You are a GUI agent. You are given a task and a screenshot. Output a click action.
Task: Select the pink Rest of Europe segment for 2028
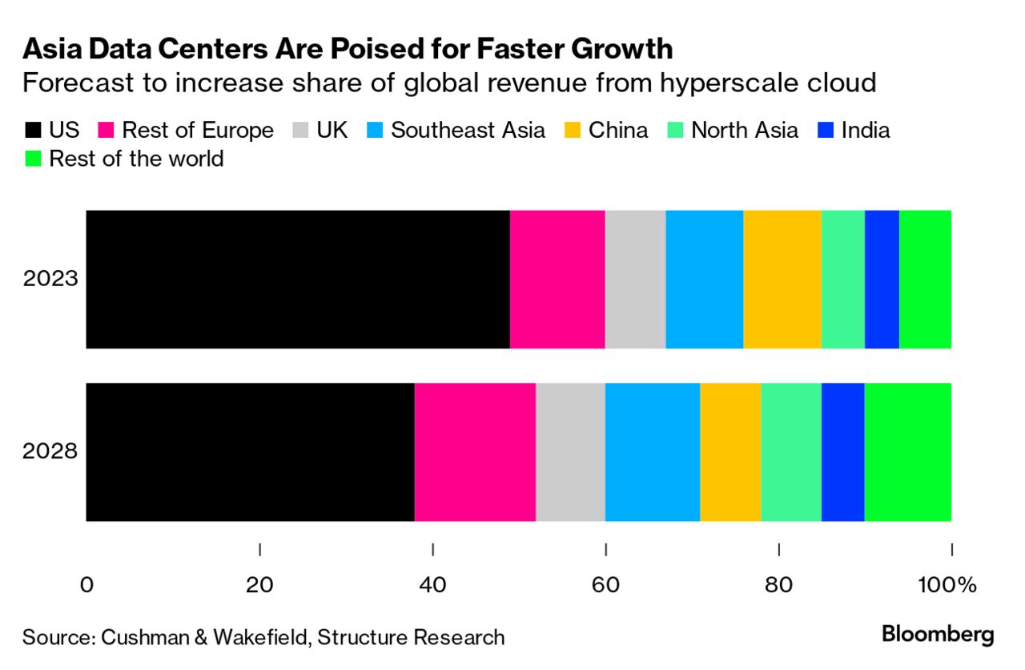475,452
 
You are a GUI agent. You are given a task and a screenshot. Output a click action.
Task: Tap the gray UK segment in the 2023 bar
635,279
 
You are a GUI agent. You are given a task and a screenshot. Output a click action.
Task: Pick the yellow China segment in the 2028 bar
730,452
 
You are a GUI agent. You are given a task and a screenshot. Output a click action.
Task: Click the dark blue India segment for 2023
882,279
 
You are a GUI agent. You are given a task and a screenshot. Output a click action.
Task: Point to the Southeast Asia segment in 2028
653,452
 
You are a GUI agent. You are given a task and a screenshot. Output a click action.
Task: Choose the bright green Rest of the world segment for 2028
908,452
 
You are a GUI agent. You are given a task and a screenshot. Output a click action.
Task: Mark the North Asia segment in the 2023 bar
843,279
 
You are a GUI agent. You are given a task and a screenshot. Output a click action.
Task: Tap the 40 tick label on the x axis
432,585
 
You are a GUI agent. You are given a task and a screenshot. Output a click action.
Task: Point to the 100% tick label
950,585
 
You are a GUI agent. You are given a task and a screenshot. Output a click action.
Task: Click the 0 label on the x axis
86,585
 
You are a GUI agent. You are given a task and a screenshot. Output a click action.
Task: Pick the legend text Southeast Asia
468,131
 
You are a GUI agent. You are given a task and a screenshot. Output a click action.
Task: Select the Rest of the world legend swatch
33,159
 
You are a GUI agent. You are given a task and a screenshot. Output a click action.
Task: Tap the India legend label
866,131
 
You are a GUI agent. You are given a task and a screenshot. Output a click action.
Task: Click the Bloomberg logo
938,635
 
